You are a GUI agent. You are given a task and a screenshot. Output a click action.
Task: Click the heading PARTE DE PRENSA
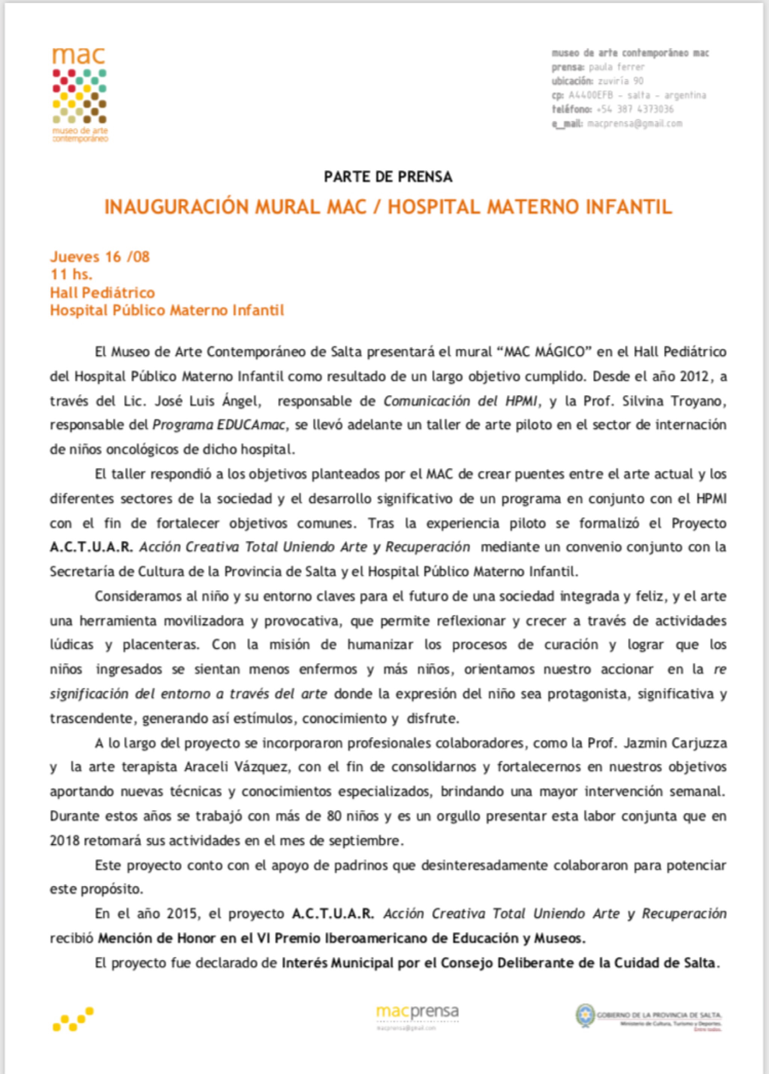[x=388, y=177]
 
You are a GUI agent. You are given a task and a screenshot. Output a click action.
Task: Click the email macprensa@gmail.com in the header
[x=635, y=124]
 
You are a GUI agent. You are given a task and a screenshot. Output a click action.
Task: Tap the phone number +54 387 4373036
[x=635, y=109]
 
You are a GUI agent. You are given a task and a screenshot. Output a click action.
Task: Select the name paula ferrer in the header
[x=617, y=67]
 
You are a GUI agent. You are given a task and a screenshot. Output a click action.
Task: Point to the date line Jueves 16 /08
[x=100, y=257]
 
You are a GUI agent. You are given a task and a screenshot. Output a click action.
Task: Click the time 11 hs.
[x=71, y=274]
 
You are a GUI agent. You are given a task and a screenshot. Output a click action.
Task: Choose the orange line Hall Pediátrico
[x=102, y=292]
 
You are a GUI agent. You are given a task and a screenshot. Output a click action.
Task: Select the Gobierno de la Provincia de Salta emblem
[x=585, y=1015]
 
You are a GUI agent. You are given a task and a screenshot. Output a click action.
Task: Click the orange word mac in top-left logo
[x=78, y=56]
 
